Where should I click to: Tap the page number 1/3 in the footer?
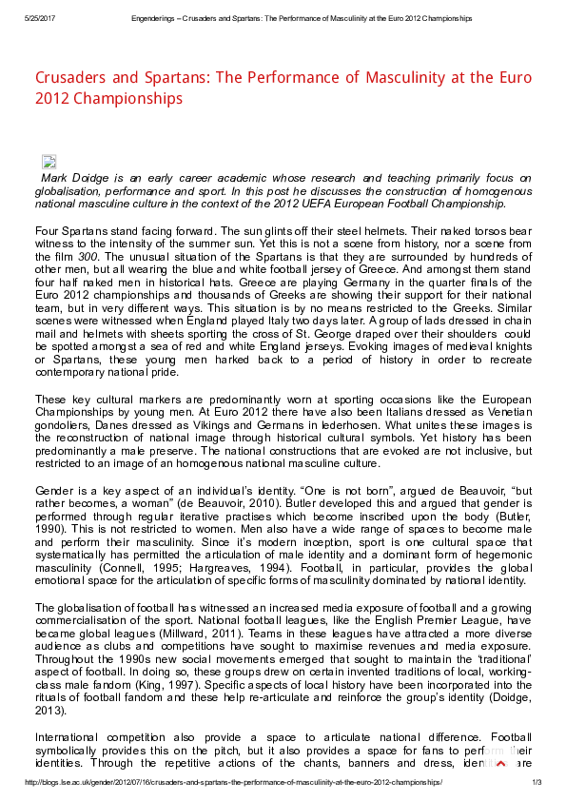536,782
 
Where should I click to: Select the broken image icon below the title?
49,162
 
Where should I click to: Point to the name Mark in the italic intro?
54,178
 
